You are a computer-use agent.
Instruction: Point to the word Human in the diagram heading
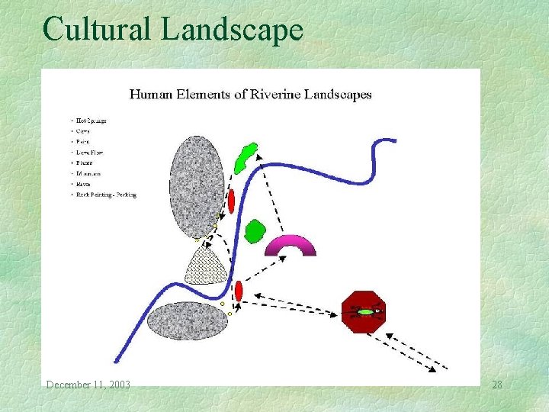click(x=151, y=95)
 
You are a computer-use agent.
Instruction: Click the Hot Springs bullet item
click(x=91, y=121)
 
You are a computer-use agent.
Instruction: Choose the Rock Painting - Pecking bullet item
click(x=105, y=195)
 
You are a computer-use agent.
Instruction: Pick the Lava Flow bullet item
click(x=89, y=153)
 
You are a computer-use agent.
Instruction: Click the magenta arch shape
click(x=290, y=245)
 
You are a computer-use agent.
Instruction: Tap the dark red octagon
click(x=364, y=311)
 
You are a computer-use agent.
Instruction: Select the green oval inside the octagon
click(x=367, y=312)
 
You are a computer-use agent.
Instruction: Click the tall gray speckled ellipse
click(x=197, y=186)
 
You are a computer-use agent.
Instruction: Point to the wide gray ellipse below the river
click(x=186, y=320)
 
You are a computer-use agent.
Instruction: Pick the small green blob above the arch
click(x=255, y=230)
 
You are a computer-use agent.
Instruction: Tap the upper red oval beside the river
click(x=230, y=201)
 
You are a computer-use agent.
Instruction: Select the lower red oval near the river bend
click(x=238, y=291)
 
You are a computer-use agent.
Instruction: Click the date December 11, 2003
click(x=88, y=385)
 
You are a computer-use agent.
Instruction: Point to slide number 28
click(x=496, y=385)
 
